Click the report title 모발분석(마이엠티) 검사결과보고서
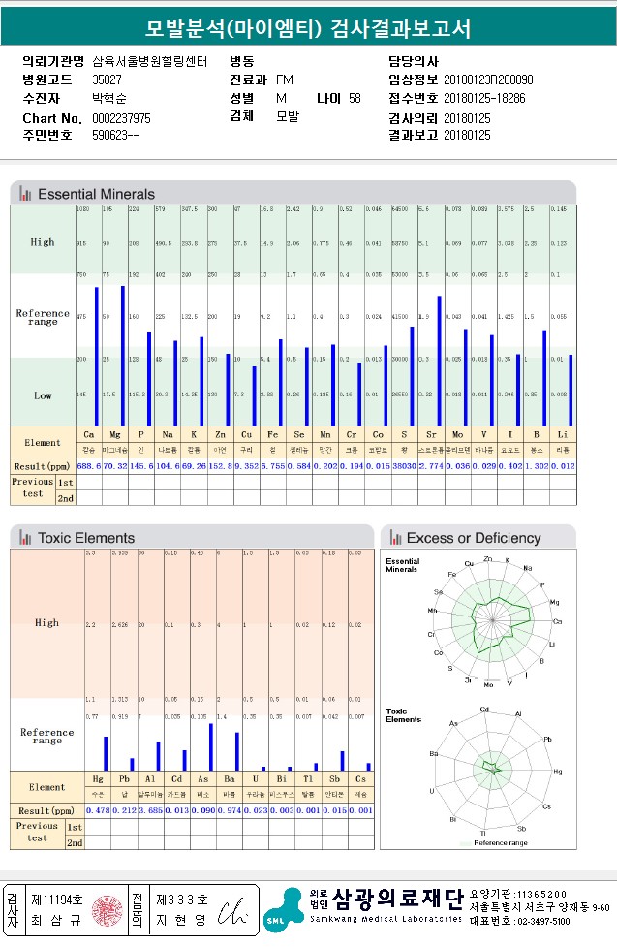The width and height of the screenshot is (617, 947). [x=308, y=28]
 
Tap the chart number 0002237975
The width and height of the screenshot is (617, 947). [x=121, y=118]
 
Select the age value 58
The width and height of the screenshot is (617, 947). [x=355, y=99]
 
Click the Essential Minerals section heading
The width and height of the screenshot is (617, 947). [x=96, y=194]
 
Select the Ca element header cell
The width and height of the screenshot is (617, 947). [x=89, y=436]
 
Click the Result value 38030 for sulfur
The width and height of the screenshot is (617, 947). [x=400, y=467]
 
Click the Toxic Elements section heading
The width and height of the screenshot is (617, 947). [x=85, y=537]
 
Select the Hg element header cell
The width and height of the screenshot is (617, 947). [x=97, y=779]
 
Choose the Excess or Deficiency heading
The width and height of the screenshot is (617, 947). [x=474, y=538]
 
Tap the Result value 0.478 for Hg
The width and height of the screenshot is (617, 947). [x=98, y=810]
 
